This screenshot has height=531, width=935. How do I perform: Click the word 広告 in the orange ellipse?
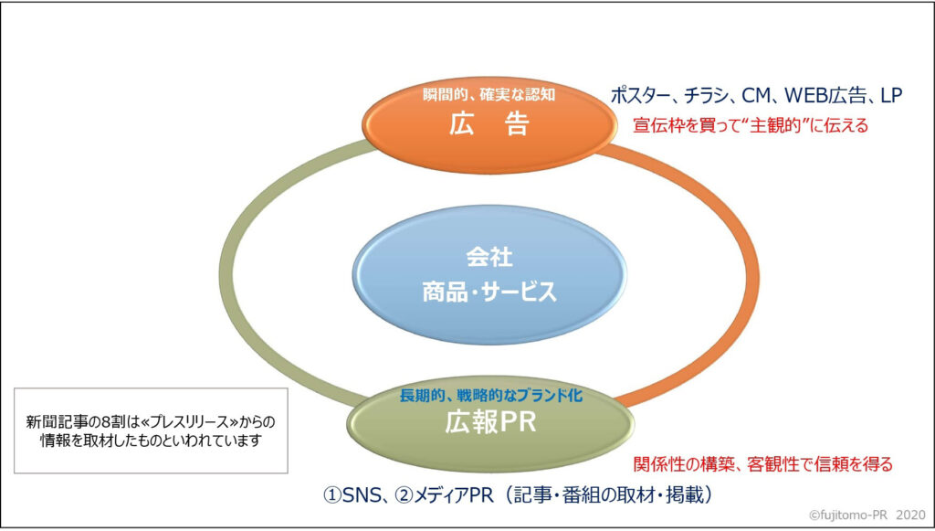pos(489,124)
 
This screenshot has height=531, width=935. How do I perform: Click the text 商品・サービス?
pos(489,292)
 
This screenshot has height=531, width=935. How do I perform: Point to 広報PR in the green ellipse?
pos(489,426)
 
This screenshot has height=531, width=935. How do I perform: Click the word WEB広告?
pos(823,94)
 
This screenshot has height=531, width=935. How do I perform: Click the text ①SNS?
pos(351,494)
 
